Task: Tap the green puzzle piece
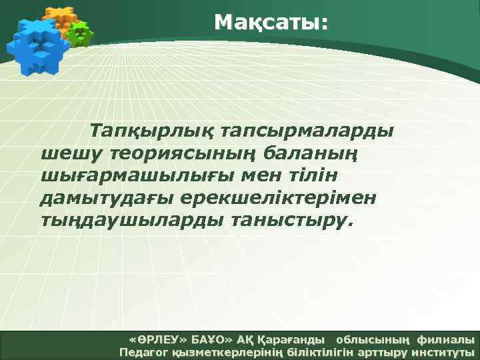pos(80,34)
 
